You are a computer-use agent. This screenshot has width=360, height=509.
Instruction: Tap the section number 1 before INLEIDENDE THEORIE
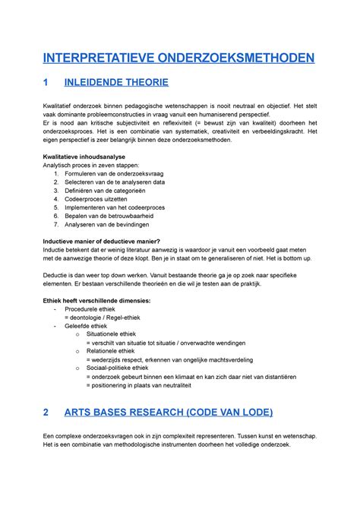[46, 83]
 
